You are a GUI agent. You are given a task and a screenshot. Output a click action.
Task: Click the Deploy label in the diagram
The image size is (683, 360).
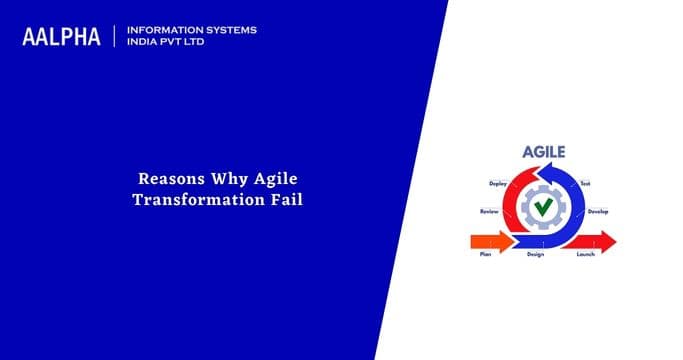pos(496,184)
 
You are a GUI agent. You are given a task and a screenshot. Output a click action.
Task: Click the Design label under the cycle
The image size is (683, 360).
pos(535,255)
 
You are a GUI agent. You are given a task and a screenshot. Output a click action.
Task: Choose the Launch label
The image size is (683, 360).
pos(588,255)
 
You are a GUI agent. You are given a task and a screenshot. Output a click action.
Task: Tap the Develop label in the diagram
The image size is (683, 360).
pos(598,211)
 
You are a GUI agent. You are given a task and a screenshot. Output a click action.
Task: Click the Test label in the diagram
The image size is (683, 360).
pos(585,184)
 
